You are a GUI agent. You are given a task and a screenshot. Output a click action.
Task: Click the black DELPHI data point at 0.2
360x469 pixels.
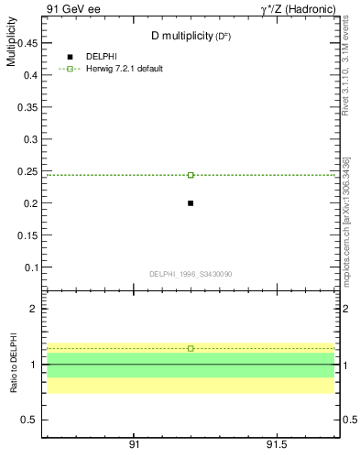coord(191,202)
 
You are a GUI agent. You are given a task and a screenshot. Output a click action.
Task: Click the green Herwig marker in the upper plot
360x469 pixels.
coord(191,174)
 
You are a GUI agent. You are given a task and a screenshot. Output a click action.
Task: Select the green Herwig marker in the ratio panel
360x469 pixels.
coord(191,348)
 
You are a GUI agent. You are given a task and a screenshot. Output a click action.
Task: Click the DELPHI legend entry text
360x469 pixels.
coord(101,56)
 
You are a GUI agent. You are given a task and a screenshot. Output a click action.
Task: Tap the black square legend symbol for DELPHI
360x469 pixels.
coord(70,57)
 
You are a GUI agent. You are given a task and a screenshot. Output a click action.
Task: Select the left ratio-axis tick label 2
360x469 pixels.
coord(33,309)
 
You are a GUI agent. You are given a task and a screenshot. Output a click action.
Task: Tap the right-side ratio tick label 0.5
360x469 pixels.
coord(349,420)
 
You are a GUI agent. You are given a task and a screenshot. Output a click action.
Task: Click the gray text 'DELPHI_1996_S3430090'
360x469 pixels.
coord(190,274)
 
